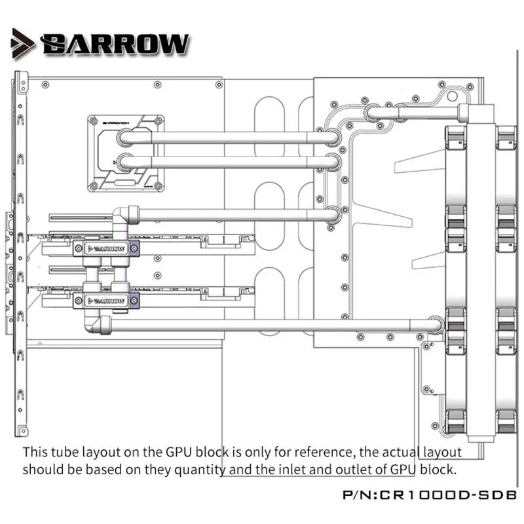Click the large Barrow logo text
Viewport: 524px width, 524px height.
[x=115, y=44]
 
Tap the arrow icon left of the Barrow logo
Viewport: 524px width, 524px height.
[x=22, y=44]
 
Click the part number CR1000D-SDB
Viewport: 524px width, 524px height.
[x=448, y=495]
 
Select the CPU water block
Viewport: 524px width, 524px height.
[x=126, y=153]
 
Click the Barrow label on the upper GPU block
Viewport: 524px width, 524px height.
[x=106, y=249]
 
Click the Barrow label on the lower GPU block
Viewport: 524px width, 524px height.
[x=106, y=301]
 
